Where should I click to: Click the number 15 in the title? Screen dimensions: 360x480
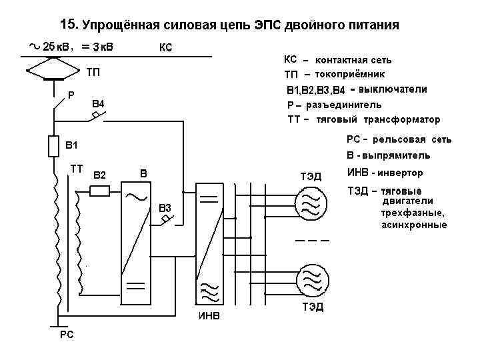68,25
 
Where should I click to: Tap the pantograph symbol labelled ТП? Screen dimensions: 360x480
53,69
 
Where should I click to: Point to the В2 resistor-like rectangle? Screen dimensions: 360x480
100,191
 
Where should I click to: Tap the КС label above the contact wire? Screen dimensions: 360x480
166,47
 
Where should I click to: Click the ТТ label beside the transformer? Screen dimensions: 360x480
76,169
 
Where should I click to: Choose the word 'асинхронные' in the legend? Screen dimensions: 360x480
414,225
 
